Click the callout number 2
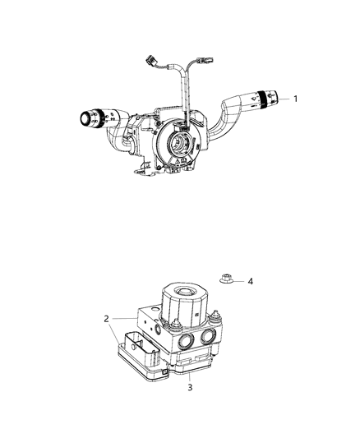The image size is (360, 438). point(107,319)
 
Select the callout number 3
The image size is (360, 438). point(191,386)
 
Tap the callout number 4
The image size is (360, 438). point(250,282)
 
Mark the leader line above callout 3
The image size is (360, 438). point(191,371)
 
